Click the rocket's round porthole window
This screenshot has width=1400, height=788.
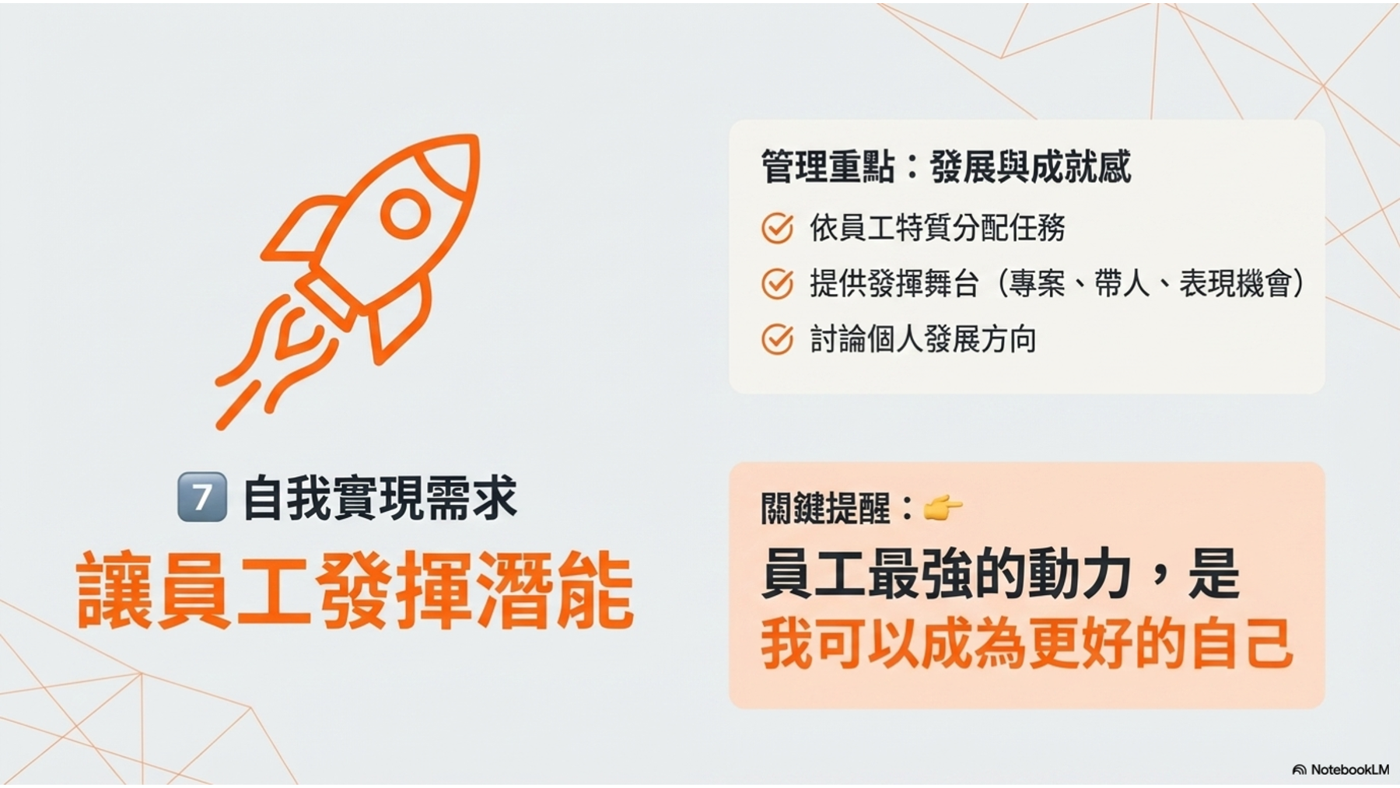[x=405, y=212]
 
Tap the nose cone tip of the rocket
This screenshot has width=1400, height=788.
[x=475, y=138]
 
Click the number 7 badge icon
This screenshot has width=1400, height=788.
[x=202, y=496]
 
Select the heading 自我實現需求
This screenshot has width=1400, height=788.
[x=380, y=497]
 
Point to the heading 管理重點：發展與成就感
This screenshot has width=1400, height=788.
[x=945, y=166]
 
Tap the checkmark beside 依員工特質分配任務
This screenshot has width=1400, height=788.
[x=777, y=228]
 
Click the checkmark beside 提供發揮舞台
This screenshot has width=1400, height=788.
[x=777, y=284]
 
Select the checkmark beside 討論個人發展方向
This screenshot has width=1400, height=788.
[x=777, y=339]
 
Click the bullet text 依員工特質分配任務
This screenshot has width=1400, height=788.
[x=937, y=227]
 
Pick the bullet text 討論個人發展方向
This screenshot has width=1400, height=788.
[x=923, y=339]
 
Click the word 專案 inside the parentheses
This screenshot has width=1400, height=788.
[x=1037, y=283]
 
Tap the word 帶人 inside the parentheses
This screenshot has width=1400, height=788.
[x=1122, y=283]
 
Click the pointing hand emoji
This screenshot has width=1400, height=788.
[x=943, y=508]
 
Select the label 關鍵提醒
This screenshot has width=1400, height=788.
[x=825, y=509]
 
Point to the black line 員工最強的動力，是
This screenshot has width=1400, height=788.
[x=1000, y=574]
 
